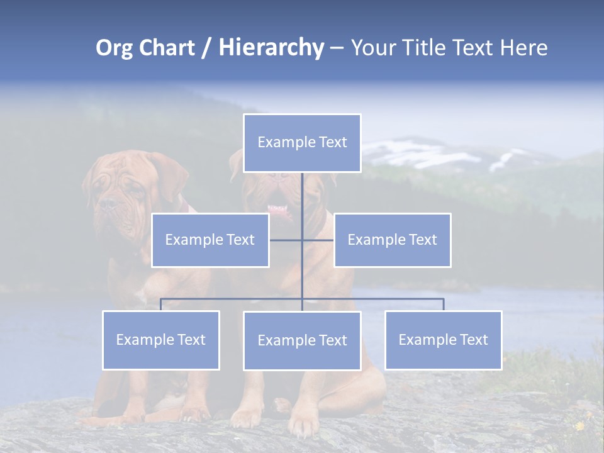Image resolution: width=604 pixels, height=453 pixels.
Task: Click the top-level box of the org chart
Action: (302, 143)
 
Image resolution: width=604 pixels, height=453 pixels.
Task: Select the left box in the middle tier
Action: (210, 240)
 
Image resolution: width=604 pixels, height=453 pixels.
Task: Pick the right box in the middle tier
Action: (392, 240)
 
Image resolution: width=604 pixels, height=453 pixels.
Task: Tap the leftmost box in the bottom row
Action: (161, 340)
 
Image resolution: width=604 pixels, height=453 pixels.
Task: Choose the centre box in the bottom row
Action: (302, 340)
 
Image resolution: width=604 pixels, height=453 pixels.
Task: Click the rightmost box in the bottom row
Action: (443, 340)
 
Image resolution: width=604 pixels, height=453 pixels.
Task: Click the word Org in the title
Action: (114, 48)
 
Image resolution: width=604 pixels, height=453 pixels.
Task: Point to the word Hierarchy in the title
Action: (271, 48)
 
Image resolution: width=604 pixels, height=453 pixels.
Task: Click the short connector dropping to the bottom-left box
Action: (161, 305)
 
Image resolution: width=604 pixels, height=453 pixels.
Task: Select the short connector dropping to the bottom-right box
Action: (443, 305)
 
